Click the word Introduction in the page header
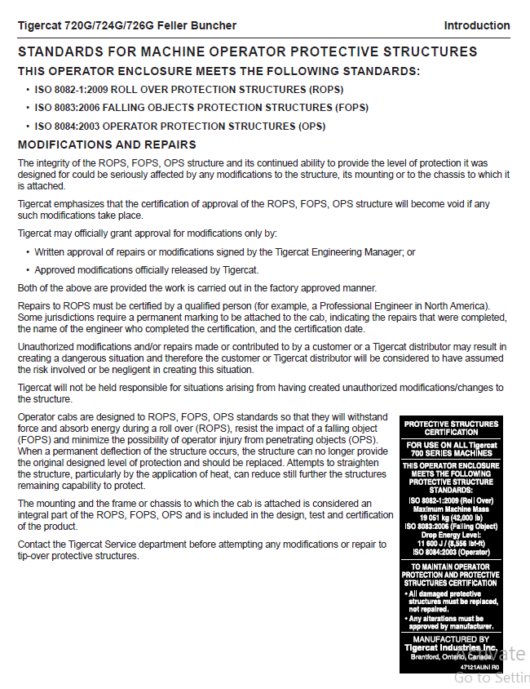(476, 25)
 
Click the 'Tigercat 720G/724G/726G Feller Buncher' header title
(128, 25)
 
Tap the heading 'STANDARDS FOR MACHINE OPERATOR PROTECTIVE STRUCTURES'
(247, 52)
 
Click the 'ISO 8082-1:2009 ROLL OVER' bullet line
(188, 89)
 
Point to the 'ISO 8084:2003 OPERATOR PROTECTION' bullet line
(179, 127)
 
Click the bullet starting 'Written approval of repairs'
(224, 252)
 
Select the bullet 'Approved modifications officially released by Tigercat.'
(147, 269)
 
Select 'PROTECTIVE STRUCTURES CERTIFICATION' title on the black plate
(451, 428)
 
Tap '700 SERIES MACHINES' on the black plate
(451, 453)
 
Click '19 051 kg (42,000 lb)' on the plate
(451, 518)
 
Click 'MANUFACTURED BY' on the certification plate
(451, 639)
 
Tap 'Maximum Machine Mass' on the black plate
(451, 509)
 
